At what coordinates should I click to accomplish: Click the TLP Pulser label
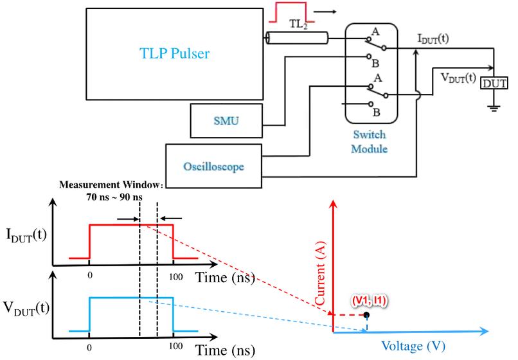tap(174, 53)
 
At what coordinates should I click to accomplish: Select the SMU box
tap(226, 121)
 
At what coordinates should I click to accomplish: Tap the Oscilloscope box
tap(214, 166)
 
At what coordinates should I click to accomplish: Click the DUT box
tap(494, 84)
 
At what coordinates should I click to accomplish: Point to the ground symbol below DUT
tap(494, 108)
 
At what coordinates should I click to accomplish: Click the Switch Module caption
tap(370, 141)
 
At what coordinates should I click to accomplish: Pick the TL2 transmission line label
tap(298, 24)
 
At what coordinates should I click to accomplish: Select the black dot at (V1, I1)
tap(366, 315)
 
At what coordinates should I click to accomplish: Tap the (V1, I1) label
tap(370, 300)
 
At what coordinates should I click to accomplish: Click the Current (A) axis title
tap(320, 273)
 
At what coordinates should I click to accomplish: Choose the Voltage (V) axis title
tap(413, 346)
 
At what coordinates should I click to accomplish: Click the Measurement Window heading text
tap(111, 184)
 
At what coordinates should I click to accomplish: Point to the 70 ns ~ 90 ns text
tap(114, 197)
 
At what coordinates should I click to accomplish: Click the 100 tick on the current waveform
tap(175, 276)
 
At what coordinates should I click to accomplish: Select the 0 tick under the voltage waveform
tap(89, 347)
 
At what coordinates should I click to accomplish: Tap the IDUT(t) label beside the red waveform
tap(26, 235)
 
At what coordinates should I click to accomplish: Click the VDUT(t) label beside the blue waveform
tap(26, 308)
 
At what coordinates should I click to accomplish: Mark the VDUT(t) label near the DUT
tap(458, 78)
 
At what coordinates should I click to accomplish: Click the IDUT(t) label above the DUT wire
tap(433, 39)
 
